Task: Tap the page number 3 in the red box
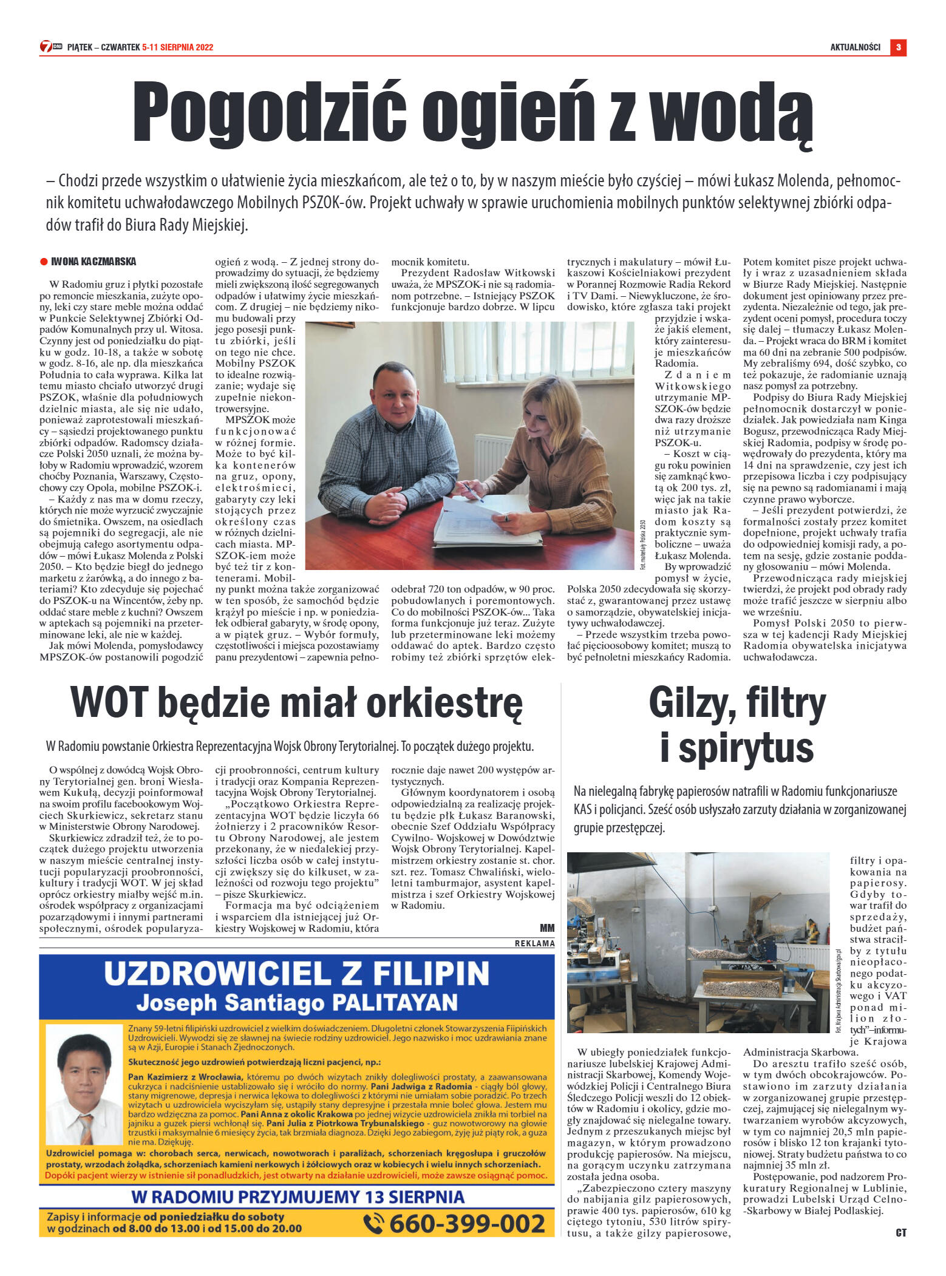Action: pyautogui.click(x=898, y=47)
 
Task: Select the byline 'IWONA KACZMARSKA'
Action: pyautogui.click(x=94, y=262)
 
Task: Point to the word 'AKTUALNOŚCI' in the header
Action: pyautogui.click(x=855, y=47)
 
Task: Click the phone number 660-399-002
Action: pyautogui.click(x=466, y=1223)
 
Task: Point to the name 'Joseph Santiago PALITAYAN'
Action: pyautogui.click(x=296, y=1002)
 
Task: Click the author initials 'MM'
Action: pyautogui.click(x=546, y=928)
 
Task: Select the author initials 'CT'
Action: pyautogui.click(x=900, y=1233)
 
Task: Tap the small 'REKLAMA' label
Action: pyautogui.click(x=534, y=943)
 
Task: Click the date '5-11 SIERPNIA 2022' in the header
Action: pyautogui.click(x=177, y=47)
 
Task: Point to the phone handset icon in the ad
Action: pyautogui.click(x=373, y=1223)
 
